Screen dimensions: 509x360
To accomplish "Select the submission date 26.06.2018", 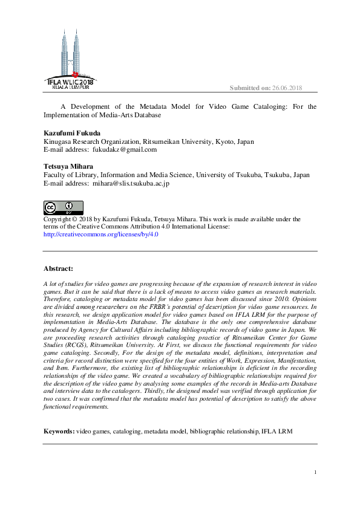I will tap(287, 88).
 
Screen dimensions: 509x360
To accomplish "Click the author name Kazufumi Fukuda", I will tap(71, 132).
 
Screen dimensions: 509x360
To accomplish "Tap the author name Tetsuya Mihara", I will tap(68, 166).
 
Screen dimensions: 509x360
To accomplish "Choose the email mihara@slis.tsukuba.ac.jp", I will tap(131, 183).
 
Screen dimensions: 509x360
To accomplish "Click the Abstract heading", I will tap(58, 268).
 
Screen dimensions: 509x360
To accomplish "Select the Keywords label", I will tap(59, 432).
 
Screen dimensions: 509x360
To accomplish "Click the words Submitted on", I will tap(250, 88).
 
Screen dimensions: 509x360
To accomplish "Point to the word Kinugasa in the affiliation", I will tap(59, 141).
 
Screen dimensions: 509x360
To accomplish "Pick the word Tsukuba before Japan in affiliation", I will tap(261, 175).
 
